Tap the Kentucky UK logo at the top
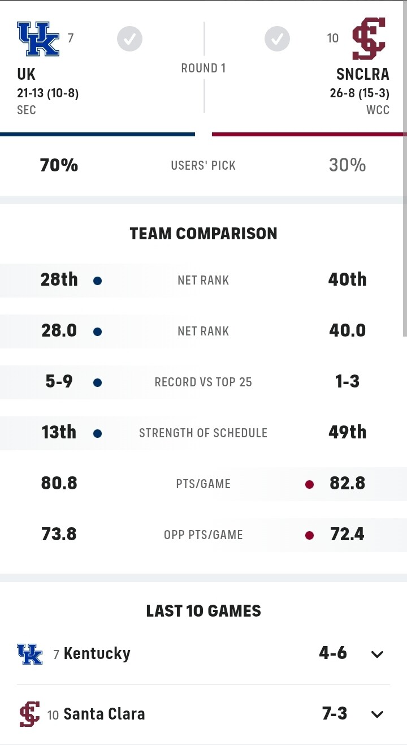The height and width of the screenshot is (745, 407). [x=38, y=39]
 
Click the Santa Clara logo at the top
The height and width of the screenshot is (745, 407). [x=369, y=39]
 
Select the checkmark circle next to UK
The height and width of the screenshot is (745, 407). [x=129, y=39]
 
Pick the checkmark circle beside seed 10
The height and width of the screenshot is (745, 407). [x=277, y=39]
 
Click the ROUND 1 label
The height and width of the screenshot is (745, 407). [x=203, y=68]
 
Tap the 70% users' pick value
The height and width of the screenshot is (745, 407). [x=59, y=165]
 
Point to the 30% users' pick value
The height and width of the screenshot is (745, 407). [x=347, y=165]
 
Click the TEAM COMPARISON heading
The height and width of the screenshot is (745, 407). [x=203, y=234]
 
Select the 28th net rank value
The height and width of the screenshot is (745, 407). [x=59, y=279]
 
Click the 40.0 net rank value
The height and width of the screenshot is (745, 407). [x=347, y=330]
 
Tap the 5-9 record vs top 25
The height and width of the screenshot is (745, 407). [x=59, y=382]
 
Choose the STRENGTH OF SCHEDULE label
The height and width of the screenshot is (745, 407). [x=203, y=433]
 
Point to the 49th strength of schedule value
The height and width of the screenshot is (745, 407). [x=347, y=433]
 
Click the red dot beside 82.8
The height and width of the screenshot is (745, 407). [x=309, y=484]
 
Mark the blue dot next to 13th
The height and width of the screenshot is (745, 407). [x=97, y=434]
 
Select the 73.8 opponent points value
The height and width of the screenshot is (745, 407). [x=59, y=535]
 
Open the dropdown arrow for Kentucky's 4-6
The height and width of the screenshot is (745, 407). [x=377, y=654]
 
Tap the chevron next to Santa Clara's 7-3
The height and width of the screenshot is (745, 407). [x=377, y=714]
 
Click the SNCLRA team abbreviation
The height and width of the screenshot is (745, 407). [x=363, y=74]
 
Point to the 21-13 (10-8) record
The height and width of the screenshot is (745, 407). [x=47, y=93]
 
